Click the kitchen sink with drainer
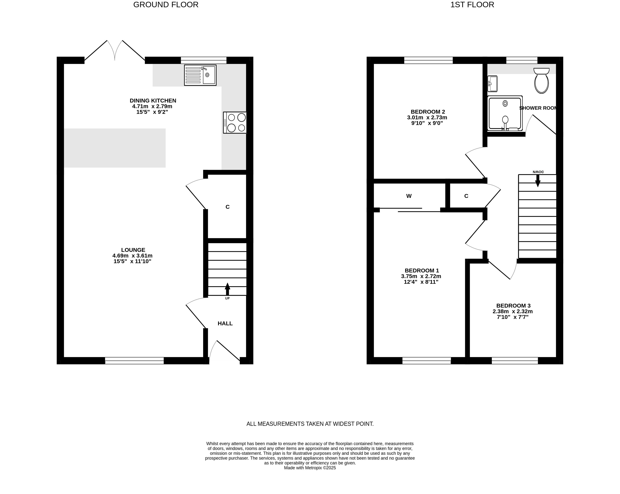[x=200, y=75]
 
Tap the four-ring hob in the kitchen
[x=235, y=123]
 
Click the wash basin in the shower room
[x=492, y=84]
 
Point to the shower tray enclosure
[x=505, y=113]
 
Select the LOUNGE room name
[x=133, y=250]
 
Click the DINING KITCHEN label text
[x=153, y=100]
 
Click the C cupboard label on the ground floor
[x=228, y=207]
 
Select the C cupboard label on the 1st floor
[x=466, y=196]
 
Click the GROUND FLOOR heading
[x=166, y=5]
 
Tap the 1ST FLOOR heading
[x=472, y=5]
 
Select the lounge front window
[x=134, y=361]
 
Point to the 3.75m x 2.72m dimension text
[x=421, y=276]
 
